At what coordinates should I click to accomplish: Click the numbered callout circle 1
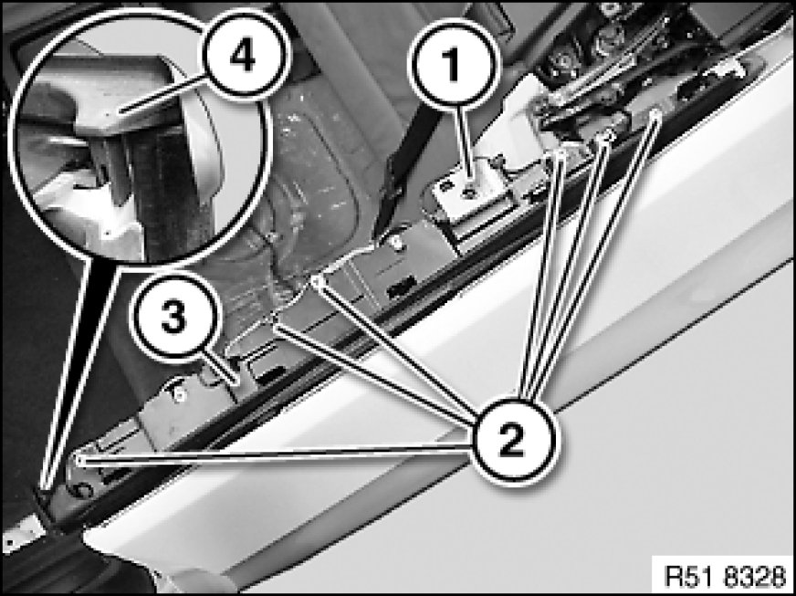(454, 65)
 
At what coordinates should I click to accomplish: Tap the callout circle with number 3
(175, 319)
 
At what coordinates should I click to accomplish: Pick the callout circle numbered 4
(243, 55)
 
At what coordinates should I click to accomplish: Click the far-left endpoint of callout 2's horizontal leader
(79, 458)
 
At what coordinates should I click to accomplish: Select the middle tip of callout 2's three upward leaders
(608, 134)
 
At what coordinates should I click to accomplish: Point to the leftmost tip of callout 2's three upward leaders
(560, 152)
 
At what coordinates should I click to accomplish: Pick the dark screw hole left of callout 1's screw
(445, 187)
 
